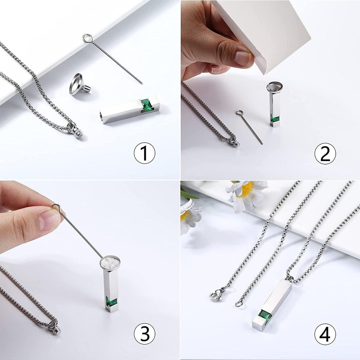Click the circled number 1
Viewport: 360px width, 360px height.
(x=144, y=153)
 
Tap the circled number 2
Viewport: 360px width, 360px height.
(x=325, y=153)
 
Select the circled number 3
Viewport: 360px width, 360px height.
(x=144, y=334)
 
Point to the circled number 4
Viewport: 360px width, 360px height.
(x=325, y=334)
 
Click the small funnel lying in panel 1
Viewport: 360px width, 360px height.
(x=79, y=84)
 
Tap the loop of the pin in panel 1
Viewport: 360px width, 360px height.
(x=88, y=38)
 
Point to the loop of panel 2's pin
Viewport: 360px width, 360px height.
(x=239, y=112)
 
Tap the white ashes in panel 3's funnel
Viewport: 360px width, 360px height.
(x=110, y=263)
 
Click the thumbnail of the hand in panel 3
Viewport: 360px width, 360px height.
(x=50, y=219)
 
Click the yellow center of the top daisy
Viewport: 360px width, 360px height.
(x=247, y=189)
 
